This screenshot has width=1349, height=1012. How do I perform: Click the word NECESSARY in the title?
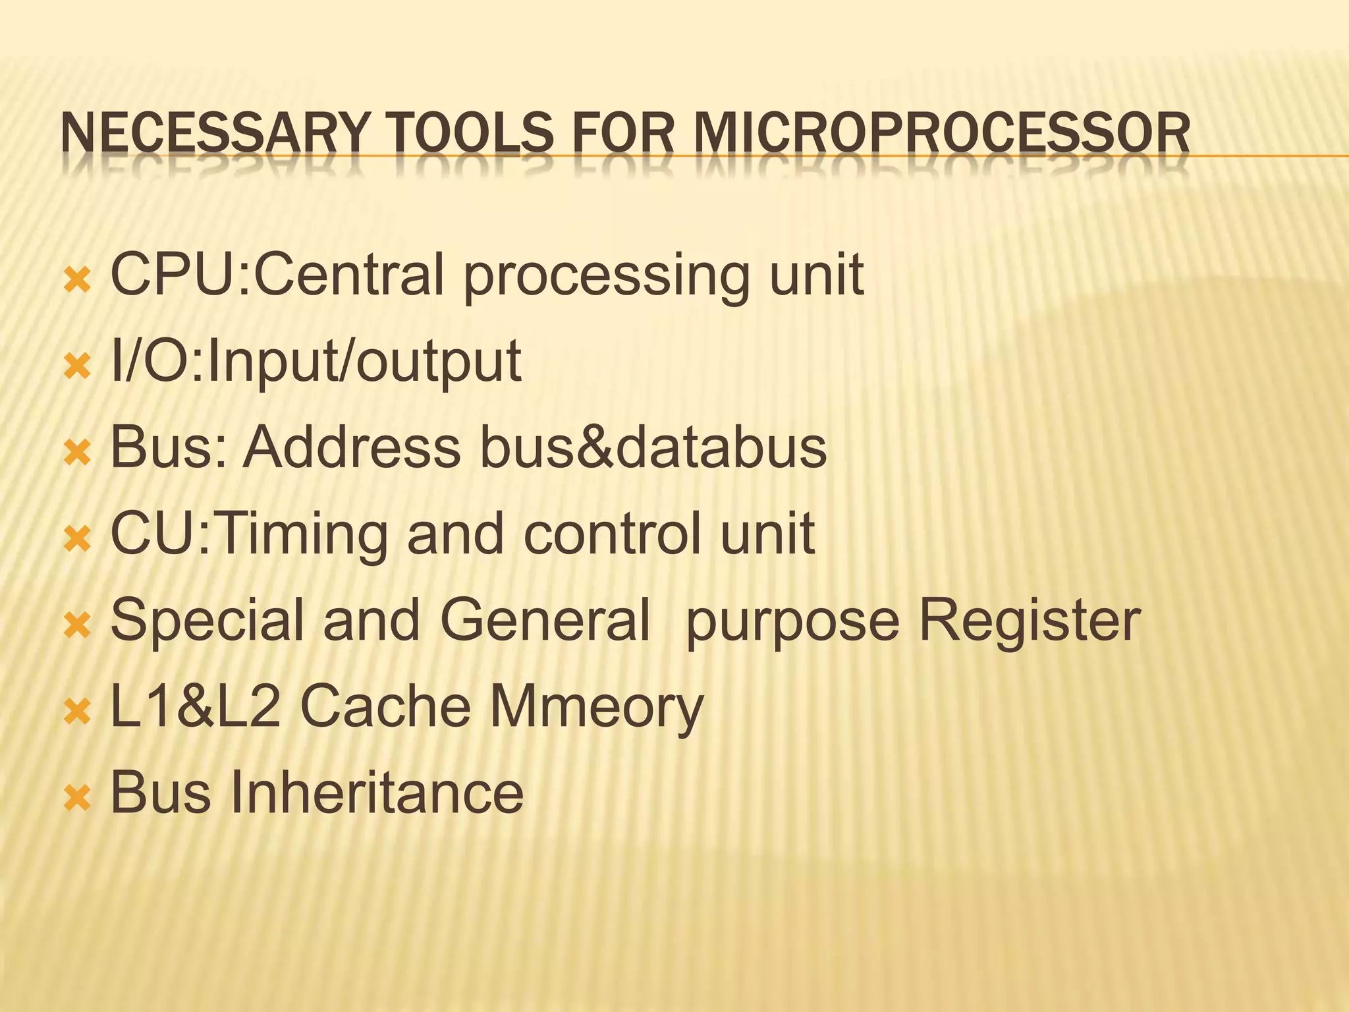coord(212,134)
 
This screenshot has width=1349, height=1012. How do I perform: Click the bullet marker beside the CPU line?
coord(78,279)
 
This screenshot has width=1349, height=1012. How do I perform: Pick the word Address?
coord(352,447)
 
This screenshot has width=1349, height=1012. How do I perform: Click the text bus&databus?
coord(652,447)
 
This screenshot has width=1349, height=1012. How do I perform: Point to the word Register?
coord(1029,620)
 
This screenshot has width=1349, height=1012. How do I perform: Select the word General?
coord(545,620)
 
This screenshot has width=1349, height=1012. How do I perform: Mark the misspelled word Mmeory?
coord(596,707)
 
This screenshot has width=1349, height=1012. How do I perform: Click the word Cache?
coord(385,706)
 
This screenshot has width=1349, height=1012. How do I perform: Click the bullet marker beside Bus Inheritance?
coord(78,798)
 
